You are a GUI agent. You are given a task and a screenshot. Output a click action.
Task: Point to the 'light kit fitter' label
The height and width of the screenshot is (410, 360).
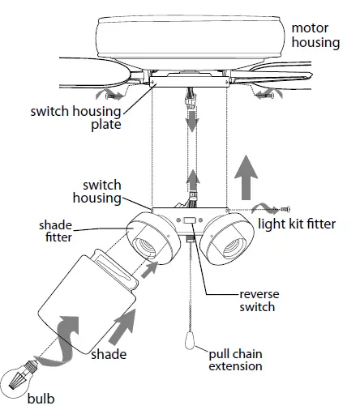pos(295,223)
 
